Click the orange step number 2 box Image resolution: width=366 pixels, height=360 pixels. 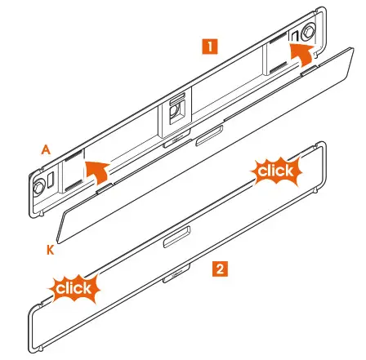(x=219, y=267)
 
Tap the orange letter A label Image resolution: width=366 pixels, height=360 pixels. (x=47, y=149)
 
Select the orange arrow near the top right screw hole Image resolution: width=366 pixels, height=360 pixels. (x=302, y=58)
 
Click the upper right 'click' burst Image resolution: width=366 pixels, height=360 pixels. (x=275, y=171)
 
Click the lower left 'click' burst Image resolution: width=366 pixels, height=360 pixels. (x=74, y=288)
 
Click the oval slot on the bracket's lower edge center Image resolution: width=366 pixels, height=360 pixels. (x=207, y=132)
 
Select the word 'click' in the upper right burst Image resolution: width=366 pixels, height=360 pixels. (x=275, y=171)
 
